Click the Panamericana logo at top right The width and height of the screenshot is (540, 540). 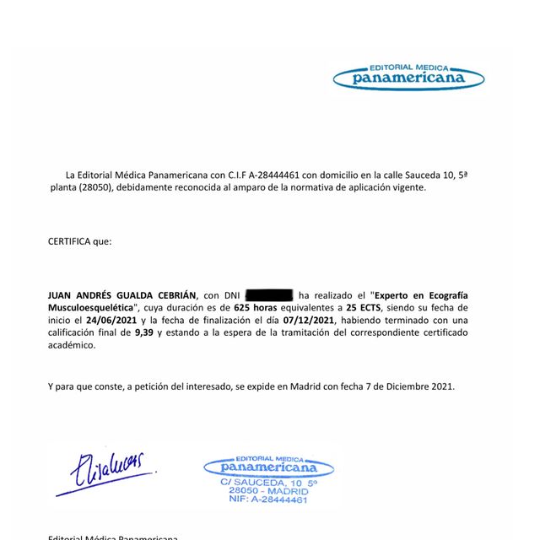[x=408, y=76]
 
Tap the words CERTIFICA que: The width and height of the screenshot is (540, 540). [x=79, y=241]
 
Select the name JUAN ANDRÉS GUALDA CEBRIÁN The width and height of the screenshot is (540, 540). [x=121, y=295]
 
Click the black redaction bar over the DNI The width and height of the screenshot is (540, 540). [x=269, y=295]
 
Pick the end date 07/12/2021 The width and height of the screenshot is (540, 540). [x=312, y=321]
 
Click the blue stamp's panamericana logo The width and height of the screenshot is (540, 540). [x=268, y=466]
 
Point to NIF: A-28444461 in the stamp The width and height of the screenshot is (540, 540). [x=268, y=499]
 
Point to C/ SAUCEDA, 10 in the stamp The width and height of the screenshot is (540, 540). [x=257, y=482]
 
